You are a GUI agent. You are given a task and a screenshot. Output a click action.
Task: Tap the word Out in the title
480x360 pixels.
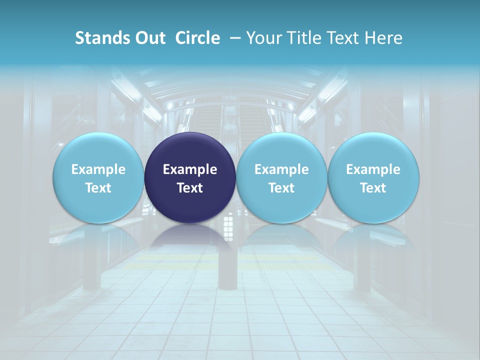click(148, 38)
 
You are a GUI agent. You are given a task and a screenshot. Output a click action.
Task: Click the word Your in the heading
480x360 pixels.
click(263, 38)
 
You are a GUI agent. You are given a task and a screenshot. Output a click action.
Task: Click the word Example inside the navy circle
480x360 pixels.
click(190, 169)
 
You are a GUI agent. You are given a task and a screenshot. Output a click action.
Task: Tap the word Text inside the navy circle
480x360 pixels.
click(190, 188)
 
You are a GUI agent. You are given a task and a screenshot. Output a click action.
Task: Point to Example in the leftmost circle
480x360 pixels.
click(98, 169)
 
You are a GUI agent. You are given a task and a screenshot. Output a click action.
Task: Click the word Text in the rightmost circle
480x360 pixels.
click(373, 188)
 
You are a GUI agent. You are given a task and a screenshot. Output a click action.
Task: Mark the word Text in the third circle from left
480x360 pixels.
click(281, 188)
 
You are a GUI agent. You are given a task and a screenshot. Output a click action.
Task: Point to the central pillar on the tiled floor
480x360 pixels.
click(227, 270)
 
